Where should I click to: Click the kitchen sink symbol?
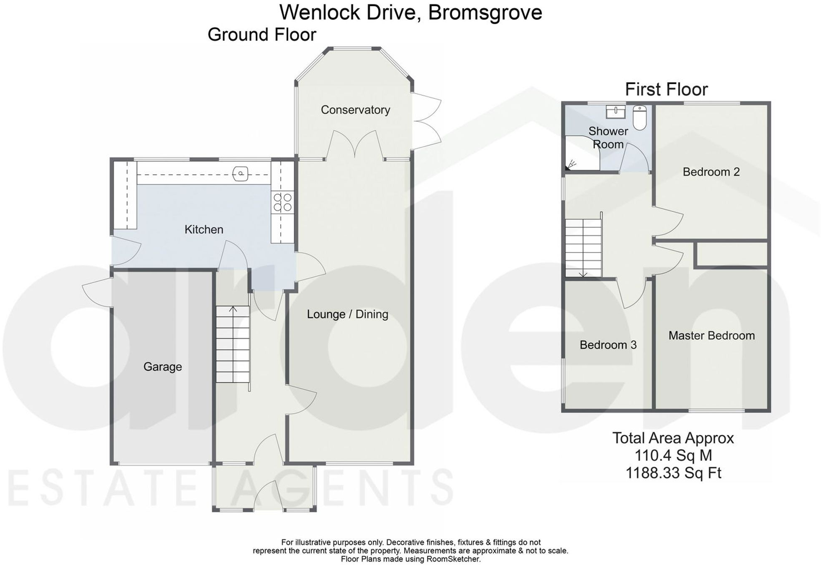pyautogui.click(x=241, y=173)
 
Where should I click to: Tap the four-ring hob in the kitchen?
pyautogui.click(x=282, y=202)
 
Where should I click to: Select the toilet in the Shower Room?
pyautogui.click(x=639, y=117)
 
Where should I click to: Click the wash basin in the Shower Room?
pyautogui.click(x=616, y=111)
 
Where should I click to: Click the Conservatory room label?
pyautogui.click(x=355, y=110)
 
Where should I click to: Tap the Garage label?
pyautogui.click(x=162, y=367)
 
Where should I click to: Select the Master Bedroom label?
pyautogui.click(x=711, y=336)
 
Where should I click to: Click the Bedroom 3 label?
pyautogui.click(x=608, y=345)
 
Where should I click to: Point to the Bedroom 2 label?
pyautogui.click(x=711, y=172)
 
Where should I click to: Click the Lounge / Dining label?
pyautogui.click(x=347, y=314)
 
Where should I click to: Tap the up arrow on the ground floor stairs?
pyautogui.click(x=233, y=309)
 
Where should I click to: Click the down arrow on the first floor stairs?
pyautogui.click(x=583, y=274)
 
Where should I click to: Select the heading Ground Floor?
pyautogui.click(x=262, y=35)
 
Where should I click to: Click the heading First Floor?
pyautogui.click(x=666, y=89)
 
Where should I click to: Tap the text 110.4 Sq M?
pyautogui.click(x=673, y=455)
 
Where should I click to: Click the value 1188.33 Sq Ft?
pyautogui.click(x=673, y=473)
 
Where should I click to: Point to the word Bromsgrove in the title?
pyautogui.click(x=485, y=13)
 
